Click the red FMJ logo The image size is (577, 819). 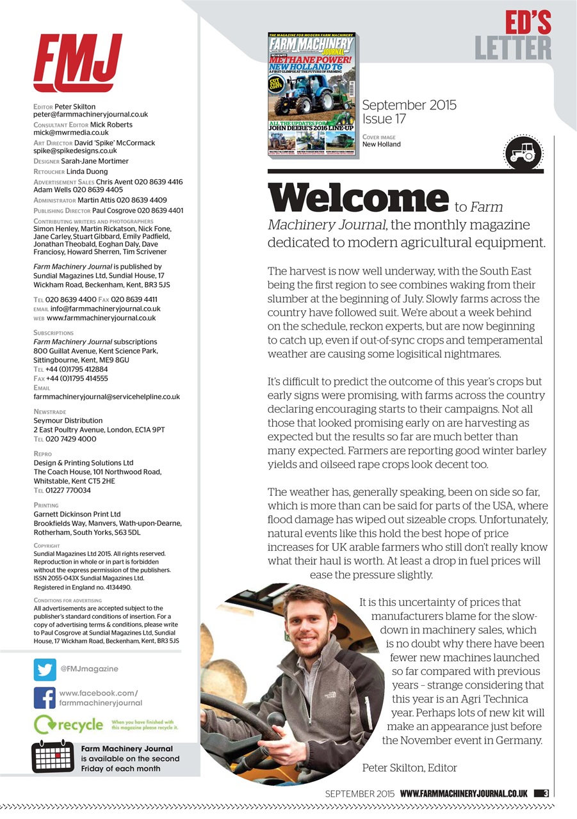[77, 62]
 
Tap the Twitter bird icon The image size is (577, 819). [45, 669]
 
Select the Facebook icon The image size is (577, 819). [45, 697]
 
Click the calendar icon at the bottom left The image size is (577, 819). [53, 758]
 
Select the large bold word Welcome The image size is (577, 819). [358, 198]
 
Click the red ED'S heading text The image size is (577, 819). [528, 23]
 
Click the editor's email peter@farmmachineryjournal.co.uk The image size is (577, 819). [90, 115]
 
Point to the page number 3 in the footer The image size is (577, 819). [546, 793]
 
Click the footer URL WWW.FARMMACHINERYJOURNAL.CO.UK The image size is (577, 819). [464, 793]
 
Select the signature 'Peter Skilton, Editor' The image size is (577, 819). [409, 767]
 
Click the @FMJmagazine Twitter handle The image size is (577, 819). [89, 669]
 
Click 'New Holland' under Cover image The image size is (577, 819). [381, 145]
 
